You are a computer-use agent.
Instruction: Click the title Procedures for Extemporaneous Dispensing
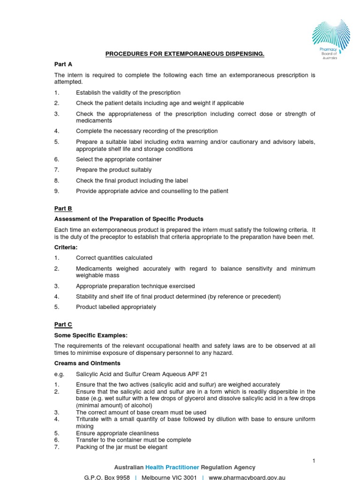click(x=185, y=54)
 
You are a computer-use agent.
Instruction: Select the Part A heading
click(x=63, y=64)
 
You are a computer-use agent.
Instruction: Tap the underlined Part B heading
click(x=63, y=208)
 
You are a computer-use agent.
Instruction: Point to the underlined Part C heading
click(x=63, y=324)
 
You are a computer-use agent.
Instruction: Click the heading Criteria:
click(x=67, y=247)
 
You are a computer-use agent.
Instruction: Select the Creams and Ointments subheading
click(x=87, y=363)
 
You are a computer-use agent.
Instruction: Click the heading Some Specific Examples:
click(x=91, y=335)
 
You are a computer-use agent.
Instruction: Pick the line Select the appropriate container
click(x=119, y=159)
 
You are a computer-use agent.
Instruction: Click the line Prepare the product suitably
click(x=114, y=170)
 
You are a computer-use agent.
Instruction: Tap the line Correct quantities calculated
click(x=114, y=258)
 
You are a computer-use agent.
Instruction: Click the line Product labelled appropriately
click(x=116, y=307)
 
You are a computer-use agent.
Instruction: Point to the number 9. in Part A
click(x=57, y=191)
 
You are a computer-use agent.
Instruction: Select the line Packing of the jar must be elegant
click(x=121, y=447)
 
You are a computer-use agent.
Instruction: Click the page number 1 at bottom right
click(x=314, y=461)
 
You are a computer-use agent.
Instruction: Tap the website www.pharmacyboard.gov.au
click(x=247, y=477)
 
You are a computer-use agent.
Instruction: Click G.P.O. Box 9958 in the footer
click(x=107, y=477)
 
